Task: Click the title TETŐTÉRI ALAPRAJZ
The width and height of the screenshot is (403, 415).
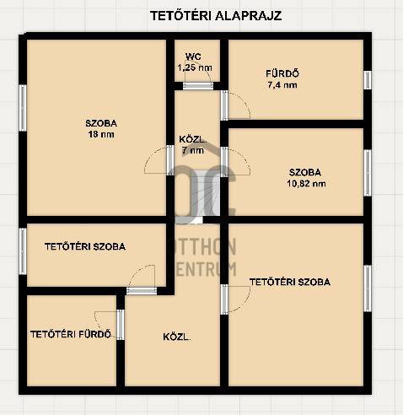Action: click(x=216, y=16)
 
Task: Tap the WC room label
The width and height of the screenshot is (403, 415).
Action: click(x=193, y=57)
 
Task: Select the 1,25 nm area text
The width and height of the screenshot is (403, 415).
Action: click(x=195, y=67)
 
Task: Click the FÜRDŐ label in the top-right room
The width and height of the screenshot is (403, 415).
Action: click(x=282, y=73)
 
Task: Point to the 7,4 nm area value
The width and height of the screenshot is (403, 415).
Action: click(x=282, y=85)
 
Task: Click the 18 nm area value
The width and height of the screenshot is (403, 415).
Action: click(x=101, y=134)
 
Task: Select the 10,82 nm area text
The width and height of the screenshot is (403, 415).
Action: click(x=306, y=184)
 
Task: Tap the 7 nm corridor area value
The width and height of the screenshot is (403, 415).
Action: click(x=193, y=150)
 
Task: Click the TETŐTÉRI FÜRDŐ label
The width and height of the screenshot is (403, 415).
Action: click(x=71, y=334)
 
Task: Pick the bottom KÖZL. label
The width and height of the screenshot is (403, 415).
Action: click(x=177, y=337)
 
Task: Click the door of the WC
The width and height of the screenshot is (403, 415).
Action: click(x=198, y=86)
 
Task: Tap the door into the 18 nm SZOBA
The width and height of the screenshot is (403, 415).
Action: click(x=170, y=160)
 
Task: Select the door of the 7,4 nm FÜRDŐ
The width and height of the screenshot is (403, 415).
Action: click(x=224, y=105)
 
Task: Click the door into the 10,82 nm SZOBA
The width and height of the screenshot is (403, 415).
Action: click(x=224, y=162)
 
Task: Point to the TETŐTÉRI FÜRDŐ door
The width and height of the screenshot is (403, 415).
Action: click(x=121, y=325)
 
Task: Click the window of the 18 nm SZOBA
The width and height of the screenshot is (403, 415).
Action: click(x=23, y=108)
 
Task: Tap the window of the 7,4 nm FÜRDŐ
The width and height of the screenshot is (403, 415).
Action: click(x=368, y=80)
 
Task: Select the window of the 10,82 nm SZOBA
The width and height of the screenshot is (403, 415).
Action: click(x=368, y=173)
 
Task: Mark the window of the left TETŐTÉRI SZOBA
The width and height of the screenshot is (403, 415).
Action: click(x=23, y=251)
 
